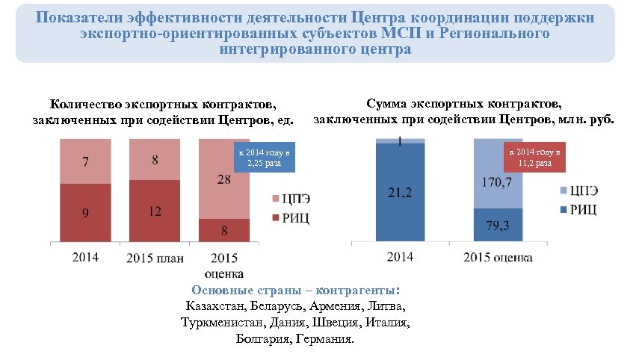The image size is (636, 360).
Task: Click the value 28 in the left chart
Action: click(223, 179)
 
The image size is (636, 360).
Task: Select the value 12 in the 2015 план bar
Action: click(155, 211)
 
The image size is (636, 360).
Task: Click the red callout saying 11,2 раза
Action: click(531, 157)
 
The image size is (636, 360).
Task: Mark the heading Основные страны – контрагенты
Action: click(295, 290)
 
